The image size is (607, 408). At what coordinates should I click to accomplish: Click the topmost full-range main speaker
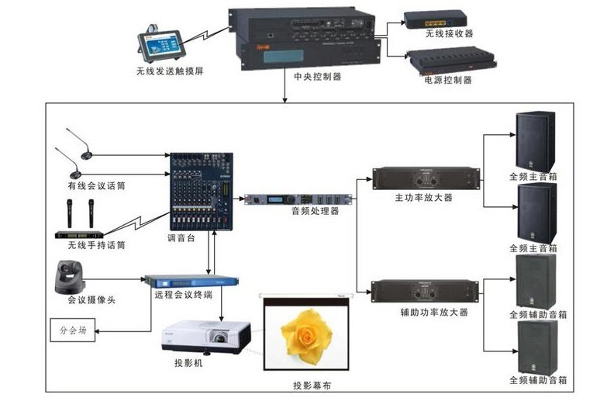click(536, 140)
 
